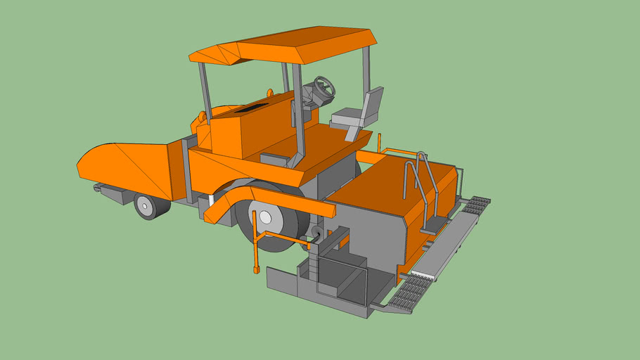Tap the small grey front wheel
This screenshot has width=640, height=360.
(147, 206)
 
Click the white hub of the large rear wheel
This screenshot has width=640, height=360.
(269, 217)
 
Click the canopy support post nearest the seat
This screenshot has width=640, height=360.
(366, 70)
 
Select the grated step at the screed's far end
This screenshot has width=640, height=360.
(476, 205)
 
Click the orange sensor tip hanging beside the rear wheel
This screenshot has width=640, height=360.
(257, 269)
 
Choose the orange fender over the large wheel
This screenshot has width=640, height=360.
(267, 197)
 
